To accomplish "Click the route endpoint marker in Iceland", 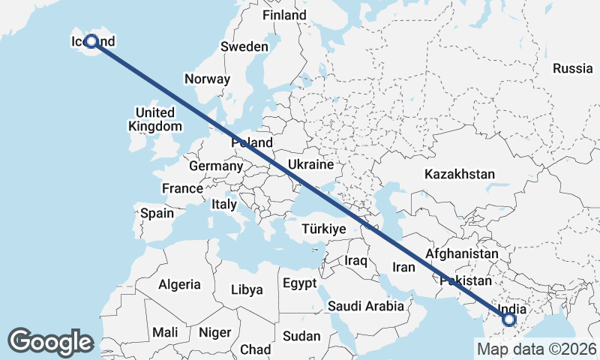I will coord(91,42).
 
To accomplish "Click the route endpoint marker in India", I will coord(509,320).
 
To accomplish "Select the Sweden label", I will coord(244,46).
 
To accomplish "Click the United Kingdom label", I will coord(155,119).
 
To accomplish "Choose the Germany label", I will coord(216,166).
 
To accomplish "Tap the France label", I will coord(183,188).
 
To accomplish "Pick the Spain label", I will coord(157,213).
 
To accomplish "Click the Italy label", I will coord(224,204).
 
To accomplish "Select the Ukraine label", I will coord(311,164).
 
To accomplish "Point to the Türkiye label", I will coord(323,229).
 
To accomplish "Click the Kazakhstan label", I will coord(459,174).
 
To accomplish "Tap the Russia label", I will coord(572,68).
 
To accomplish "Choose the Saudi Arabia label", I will coord(366,306).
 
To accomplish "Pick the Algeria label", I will coord(179,284).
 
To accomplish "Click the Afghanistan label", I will coord(461,254).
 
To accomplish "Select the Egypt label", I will coord(301,283).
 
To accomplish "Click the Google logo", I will coord(51,341).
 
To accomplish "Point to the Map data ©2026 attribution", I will coord(536,349).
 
